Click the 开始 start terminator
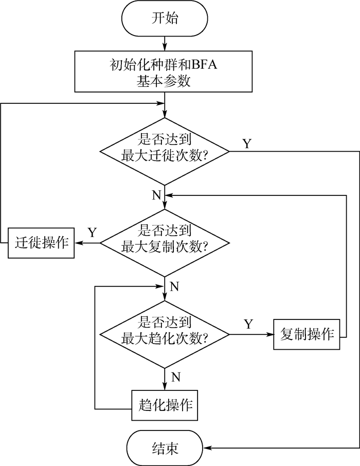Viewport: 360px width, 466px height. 164,19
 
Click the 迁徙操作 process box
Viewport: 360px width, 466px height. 41,242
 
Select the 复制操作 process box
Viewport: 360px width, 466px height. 307,334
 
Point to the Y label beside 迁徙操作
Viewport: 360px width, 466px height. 92,232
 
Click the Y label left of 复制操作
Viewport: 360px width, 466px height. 248,324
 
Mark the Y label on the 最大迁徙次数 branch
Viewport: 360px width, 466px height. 247,143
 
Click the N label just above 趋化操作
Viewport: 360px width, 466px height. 175,377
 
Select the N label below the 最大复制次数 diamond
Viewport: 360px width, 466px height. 174,286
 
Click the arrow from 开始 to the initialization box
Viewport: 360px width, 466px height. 164,43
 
